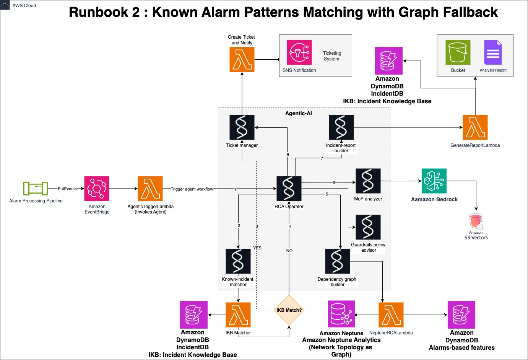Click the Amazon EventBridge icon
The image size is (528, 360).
[x=97, y=189]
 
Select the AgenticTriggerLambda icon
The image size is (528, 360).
[x=150, y=189]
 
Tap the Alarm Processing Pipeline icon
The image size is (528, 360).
[x=36, y=189]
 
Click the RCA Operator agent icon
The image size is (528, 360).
[x=289, y=189]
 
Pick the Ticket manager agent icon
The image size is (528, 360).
[x=242, y=127]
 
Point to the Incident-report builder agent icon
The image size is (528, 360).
[x=341, y=127]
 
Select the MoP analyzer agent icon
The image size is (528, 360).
[x=368, y=181]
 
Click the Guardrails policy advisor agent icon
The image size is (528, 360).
[x=368, y=227]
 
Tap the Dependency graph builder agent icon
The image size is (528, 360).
[x=337, y=261]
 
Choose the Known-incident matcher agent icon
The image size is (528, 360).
[x=238, y=261]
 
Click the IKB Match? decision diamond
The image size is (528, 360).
[x=289, y=310]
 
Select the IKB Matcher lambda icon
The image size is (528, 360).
[x=238, y=315]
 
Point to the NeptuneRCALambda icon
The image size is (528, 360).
[x=391, y=315]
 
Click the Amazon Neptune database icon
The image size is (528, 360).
[x=341, y=314]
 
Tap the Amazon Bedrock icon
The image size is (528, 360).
[x=434, y=181]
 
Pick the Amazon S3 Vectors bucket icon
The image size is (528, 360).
[x=476, y=222]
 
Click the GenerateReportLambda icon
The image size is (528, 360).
[x=475, y=127]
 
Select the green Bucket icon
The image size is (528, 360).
[x=458, y=52]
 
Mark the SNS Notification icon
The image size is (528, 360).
[x=299, y=52]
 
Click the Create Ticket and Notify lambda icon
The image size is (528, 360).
[x=242, y=59]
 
